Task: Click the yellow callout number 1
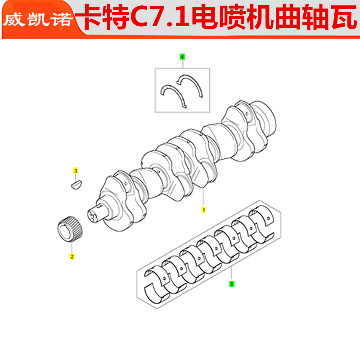pyautogui.click(x=203, y=210)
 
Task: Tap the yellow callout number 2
pyautogui.click(x=72, y=257)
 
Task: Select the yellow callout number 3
pyautogui.click(x=76, y=171)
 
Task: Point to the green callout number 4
pyautogui.click(x=182, y=57)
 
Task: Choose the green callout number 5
pyautogui.click(x=232, y=284)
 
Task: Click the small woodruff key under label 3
pyautogui.click(x=76, y=184)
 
